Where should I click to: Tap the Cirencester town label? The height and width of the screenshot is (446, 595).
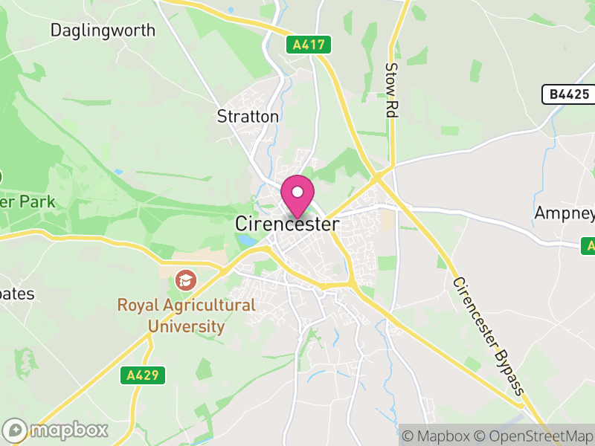point(287,224)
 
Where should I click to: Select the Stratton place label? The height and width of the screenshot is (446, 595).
point(248,117)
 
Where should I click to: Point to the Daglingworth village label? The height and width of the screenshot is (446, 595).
point(103,30)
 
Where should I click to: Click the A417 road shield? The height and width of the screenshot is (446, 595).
point(308,45)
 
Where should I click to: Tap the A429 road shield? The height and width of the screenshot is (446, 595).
point(142,375)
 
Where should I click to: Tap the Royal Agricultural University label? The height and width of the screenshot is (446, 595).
point(186,315)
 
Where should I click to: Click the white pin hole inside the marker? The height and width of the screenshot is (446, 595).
point(297,192)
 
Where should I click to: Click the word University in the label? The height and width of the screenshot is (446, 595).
point(186,326)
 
